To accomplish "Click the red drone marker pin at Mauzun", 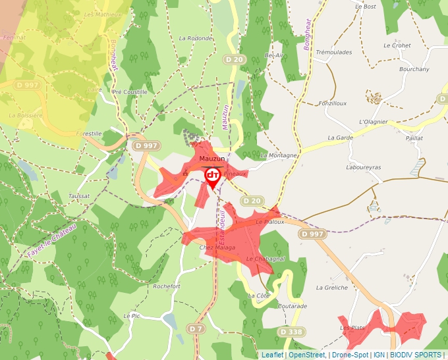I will (x=213, y=176).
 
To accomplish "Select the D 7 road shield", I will (x=195, y=328).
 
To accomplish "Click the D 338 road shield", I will (x=290, y=331).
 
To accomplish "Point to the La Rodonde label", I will (x=196, y=38).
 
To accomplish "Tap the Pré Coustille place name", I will (x=130, y=92).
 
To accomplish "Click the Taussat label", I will (x=79, y=196).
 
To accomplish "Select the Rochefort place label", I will (x=166, y=286).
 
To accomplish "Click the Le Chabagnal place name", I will (x=266, y=259).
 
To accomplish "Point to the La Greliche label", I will (x=331, y=288).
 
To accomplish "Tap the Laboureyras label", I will (x=363, y=167).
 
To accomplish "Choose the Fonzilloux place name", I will (x=332, y=103).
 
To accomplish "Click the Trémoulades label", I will (x=334, y=52).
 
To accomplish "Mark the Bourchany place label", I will (x=414, y=69).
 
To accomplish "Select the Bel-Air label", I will (x=273, y=55).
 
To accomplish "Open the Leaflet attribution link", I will (x=272, y=355).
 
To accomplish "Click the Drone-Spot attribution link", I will (x=350, y=355).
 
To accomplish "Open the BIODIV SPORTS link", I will (x=416, y=355).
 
